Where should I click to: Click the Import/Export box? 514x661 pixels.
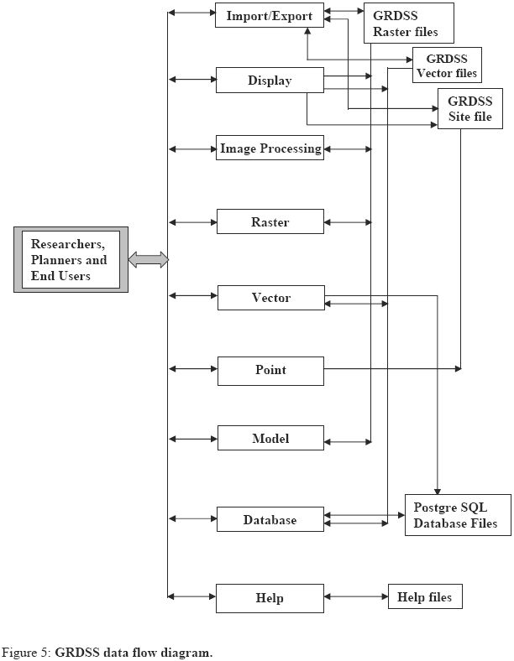(x=270, y=16)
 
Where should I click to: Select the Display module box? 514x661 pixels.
(x=270, y=81)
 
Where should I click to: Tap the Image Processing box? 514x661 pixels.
(x=270, y=148)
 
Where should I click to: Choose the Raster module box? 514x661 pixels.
(x=270, y=222)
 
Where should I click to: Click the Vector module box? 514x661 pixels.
(x=270, y=298)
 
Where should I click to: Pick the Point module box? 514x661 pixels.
(x=270, y=370)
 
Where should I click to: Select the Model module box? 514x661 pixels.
(x=270, y=439)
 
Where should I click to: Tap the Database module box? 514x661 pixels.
(x=270, y=519)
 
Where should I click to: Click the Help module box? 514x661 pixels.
(x=270, y=598)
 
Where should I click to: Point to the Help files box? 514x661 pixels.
(x=424, y=596)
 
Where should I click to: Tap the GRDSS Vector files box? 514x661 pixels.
(x=446, y=65)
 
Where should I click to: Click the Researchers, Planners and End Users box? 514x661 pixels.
(x=71, y=259)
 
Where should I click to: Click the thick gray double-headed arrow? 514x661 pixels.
(x=149, y=260)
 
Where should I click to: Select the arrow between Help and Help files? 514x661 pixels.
(x=355, y=596)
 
